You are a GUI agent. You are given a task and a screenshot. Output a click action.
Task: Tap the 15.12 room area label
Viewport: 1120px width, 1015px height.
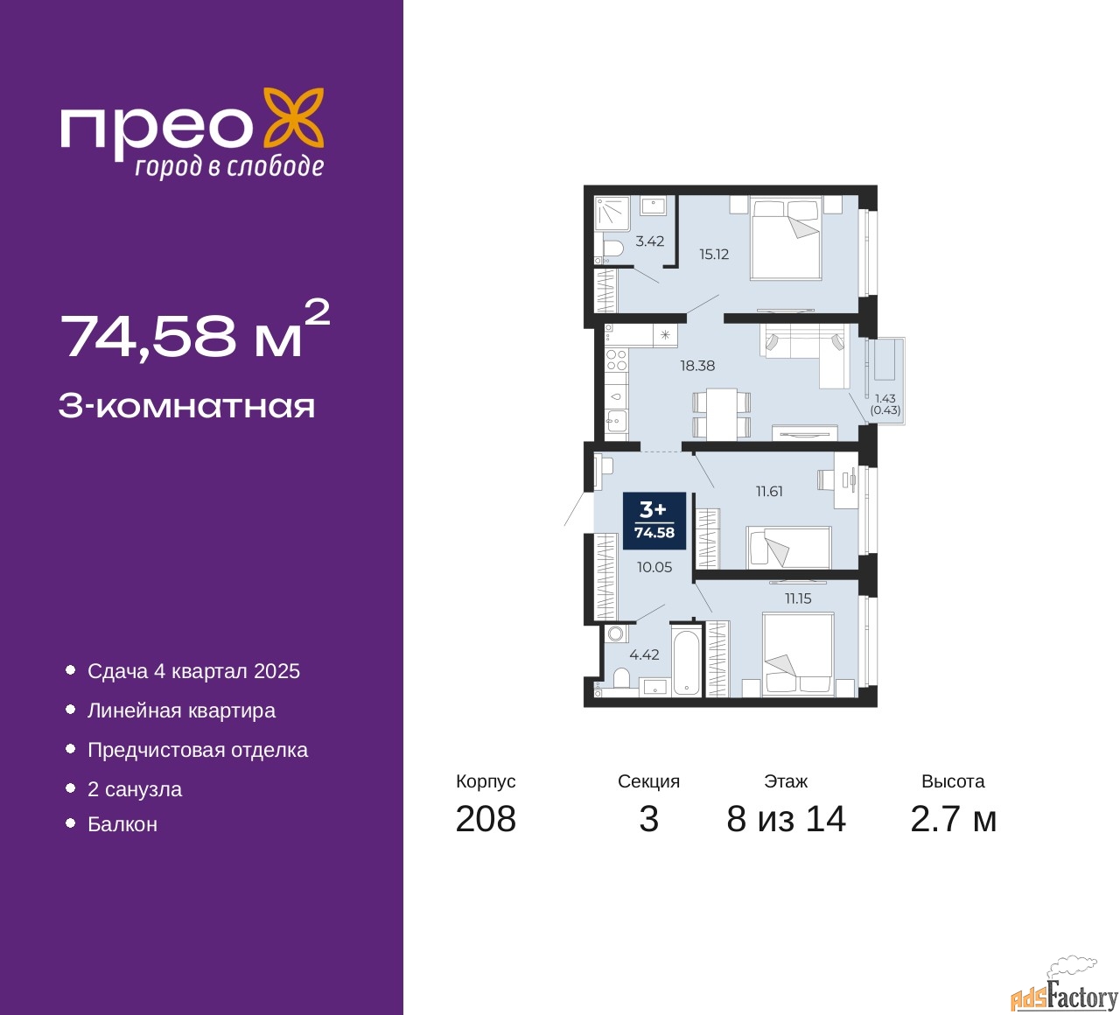point(714,255)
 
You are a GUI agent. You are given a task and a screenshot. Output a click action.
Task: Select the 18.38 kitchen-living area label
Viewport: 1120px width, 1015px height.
point(697,366)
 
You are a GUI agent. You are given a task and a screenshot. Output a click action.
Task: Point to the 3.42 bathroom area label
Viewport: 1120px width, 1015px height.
point(650,241)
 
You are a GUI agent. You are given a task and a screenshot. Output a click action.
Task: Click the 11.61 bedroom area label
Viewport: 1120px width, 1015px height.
point(769,492)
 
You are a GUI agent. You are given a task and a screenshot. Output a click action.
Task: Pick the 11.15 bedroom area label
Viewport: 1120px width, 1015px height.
point(798,599)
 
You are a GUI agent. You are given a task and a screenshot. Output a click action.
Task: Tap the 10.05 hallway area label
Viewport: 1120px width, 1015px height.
point(654,567)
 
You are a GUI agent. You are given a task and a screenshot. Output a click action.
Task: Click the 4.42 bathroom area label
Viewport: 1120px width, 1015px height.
point(645,654)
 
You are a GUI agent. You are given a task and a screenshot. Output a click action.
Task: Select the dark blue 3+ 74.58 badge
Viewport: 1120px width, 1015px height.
point(654,521)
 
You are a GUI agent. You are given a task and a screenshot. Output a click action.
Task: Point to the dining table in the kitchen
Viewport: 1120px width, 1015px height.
point(722,413)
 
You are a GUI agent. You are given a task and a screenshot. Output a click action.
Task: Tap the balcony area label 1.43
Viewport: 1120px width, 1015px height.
point(885,399)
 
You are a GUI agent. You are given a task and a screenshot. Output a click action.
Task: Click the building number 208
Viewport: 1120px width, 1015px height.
point(486,819)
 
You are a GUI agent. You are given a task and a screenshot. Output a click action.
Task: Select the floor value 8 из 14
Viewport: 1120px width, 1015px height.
point(786,819)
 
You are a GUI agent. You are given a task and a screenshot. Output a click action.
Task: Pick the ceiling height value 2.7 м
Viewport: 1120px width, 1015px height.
point(953,819)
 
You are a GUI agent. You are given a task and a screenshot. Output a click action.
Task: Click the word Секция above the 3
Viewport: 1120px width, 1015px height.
point(648,781)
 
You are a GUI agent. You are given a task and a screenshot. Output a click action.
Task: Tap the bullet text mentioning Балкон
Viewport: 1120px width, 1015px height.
point(122,824)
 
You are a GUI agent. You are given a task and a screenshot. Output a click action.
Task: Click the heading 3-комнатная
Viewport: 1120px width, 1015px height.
point(186,406)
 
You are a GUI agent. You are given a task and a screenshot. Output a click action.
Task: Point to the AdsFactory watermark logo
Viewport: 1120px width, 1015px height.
point(1065,989)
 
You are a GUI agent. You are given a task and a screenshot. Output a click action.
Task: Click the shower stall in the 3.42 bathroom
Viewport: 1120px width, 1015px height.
point(612,213)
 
